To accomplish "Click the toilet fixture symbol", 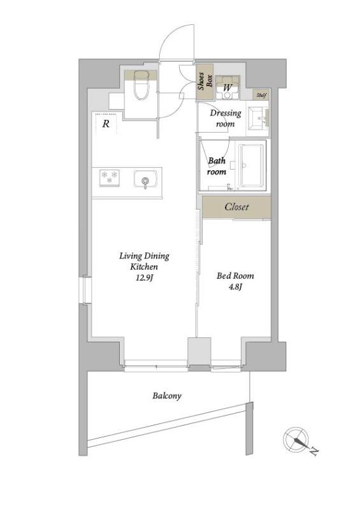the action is (x=141, y=85).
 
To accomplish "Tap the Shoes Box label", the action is (x=205, y=82).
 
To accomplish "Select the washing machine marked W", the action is (x=227, y=87).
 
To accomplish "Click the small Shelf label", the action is (x=261, y=95).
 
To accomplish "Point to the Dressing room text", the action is (x=226, y=119).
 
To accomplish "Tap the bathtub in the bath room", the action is (x=251, y=165).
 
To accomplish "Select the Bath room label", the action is (x=217, y=166).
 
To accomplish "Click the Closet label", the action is (x=237, y=207).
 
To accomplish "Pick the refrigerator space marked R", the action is (x=106, y=124).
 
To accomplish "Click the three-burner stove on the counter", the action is (x=109, y=178).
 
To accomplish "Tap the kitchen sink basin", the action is (x=145, y=179).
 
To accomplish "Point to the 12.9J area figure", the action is (x=145, y=277).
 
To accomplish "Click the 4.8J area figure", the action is (x=235, y=286).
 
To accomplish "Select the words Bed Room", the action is (x=235, y=276).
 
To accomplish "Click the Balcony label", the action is (x=167, y=396).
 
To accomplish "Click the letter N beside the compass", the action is (x=314, y=452).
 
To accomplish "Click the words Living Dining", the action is (x=144, y=256).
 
